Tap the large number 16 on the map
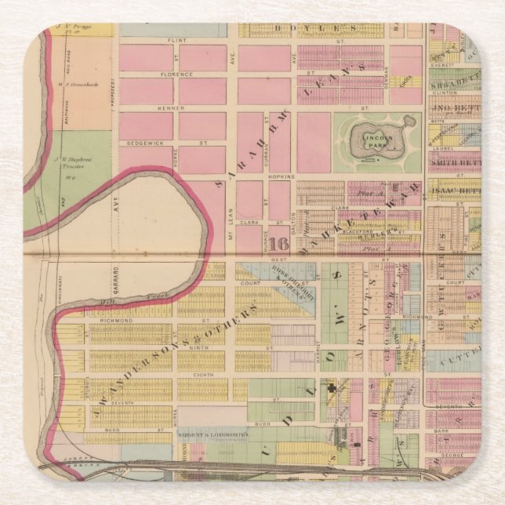(x=280, y=243)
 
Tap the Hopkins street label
(x=280, y=177)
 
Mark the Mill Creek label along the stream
(x=108, y=301)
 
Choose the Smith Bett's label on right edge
(x=453, y=164)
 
